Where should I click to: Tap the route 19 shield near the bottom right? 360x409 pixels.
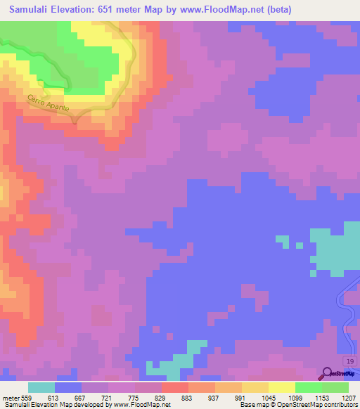[350, 361]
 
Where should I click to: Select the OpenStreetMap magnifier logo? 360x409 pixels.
[327, 374]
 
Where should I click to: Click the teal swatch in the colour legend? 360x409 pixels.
[41, 387]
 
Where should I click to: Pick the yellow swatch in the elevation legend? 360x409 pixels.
[282, 387]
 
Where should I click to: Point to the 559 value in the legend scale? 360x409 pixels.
[28, 398]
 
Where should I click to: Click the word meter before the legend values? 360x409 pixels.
[10, 398]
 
